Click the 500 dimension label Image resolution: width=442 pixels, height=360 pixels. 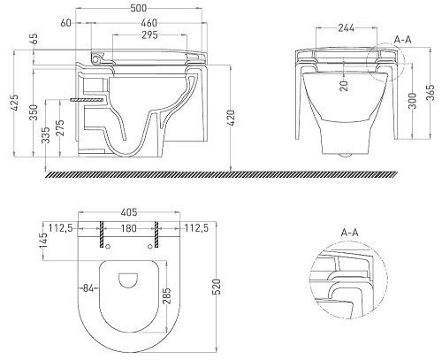coord(138,8)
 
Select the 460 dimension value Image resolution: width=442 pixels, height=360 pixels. coord(149,23)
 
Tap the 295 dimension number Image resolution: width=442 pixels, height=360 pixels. coord(149,35)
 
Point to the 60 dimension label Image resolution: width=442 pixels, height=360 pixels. coord(66,23)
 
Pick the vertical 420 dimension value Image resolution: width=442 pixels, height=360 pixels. coord(231,118)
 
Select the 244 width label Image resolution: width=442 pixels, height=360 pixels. coord(347,28)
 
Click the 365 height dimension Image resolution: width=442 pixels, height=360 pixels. coord(431,93)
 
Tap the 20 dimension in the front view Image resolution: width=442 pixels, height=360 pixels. coord(344,86)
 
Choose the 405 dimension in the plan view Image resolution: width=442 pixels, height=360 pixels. coord(129,212)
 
